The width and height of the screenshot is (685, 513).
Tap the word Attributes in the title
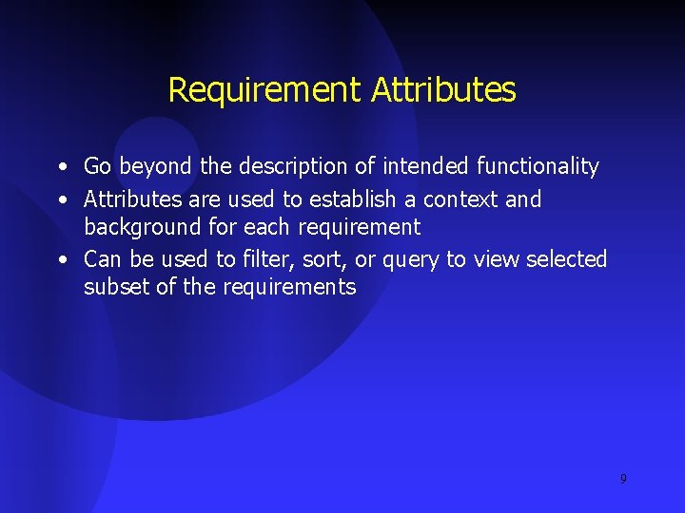tap(443, 90)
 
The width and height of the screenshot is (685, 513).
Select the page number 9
tap(623, 479)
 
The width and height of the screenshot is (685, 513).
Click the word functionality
tap(538, 167)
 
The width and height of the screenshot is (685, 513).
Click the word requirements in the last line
tap(289, 288)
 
